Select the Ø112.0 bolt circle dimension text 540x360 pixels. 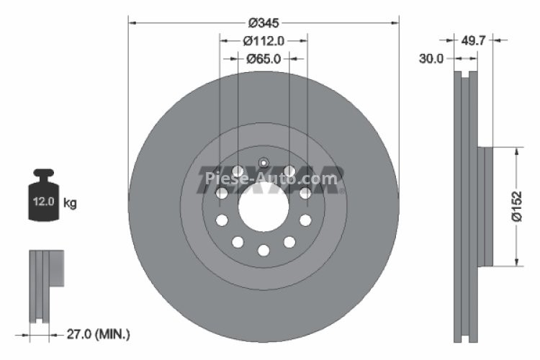click(264, 41)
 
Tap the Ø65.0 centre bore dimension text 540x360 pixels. click(264, 59)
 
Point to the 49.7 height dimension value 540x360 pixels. click(472, 41)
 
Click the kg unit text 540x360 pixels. click(70, 203)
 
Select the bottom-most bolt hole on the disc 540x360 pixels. click(264, 250)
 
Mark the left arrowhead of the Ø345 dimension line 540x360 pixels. click(132, 22)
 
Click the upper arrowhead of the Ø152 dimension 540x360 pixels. click(516, 151)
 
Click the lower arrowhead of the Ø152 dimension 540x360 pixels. click(516, 261)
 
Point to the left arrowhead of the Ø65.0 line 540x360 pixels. click(241, 59)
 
